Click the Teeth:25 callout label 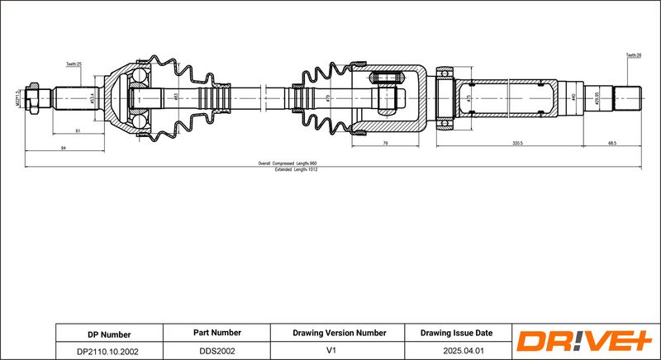click(x=74, y=64)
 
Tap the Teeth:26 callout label click(x=634, y=55)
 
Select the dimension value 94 click(x=64, y=147)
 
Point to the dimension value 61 click(x=78, y=131)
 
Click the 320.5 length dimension click(x=518, y=142)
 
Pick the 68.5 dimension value click(x=611, y=142)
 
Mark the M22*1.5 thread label click(x=18, y=101)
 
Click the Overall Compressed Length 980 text click(x=288, y=163)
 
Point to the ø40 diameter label click(x=573, y=97)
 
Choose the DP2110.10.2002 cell click(x=109, y=351)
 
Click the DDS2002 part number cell click(x=216, y=351)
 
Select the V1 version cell click(x=340, y=351)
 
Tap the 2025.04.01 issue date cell click(x=456, y=351)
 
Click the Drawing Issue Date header click(x=456, y=333)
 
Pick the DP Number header click(x=109, y=334)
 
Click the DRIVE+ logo click(x=583, y=341)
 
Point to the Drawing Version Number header click(x=340, y=333)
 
